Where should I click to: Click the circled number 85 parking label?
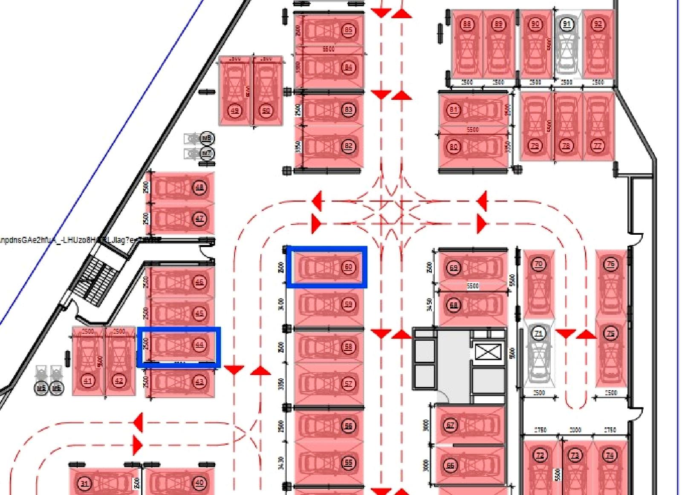click(349, 30)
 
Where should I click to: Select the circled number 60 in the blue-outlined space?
click(349, 267)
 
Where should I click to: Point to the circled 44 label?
click(199, 345)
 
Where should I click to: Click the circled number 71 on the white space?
click(539, 333)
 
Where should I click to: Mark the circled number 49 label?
click(234, 111)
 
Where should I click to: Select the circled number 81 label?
click(454, 110)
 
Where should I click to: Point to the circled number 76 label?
click(611, 264)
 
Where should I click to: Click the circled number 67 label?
click(451, 425)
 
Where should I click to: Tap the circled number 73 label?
click(575, 455)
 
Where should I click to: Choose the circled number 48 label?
click(199, 187)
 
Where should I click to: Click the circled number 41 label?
click(88, 380)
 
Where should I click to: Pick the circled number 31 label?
click(84, 483)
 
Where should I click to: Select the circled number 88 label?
click(467, 24)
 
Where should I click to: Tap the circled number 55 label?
click(349, 463)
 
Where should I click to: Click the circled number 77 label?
click(598, 146)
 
